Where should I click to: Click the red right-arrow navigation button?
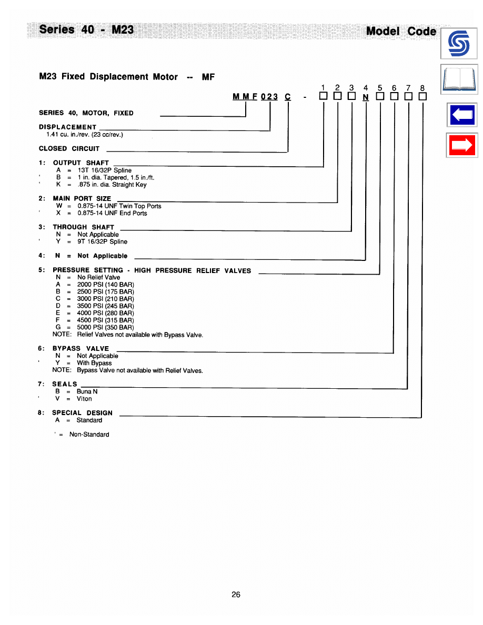461,145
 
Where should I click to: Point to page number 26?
236,594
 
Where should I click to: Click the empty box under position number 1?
323,97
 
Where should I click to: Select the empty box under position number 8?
422,97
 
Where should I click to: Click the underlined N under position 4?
366,97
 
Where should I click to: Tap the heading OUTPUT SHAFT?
80,163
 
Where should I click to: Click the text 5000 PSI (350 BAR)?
105,327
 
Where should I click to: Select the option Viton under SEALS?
84,399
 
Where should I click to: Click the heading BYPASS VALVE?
80,348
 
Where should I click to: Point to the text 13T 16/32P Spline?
104,170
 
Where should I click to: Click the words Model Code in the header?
401,31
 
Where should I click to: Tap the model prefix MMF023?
255,97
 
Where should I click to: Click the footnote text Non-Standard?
89,435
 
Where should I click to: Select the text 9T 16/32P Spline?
102,241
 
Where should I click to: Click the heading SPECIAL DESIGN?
82,413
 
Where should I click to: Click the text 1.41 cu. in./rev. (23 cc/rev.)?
85,135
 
